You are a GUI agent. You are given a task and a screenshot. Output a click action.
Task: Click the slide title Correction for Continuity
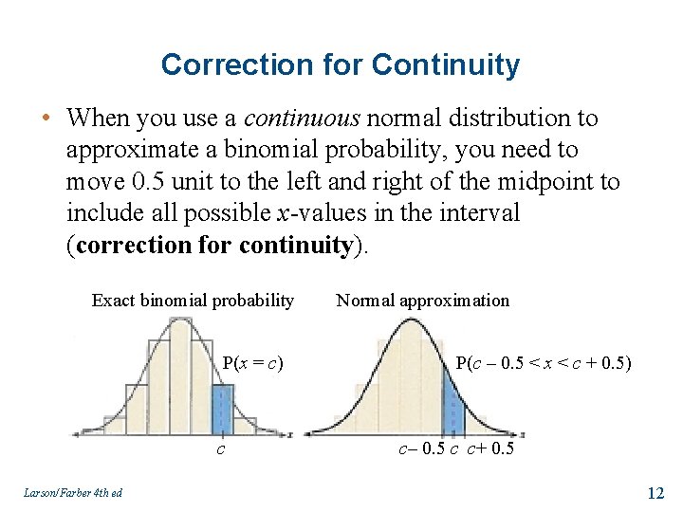(341, 64)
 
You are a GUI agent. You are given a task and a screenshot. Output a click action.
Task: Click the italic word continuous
(302, 119)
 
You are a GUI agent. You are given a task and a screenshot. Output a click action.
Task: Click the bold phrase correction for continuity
(213, 246)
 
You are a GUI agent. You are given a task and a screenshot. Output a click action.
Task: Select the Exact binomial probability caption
(193, 301)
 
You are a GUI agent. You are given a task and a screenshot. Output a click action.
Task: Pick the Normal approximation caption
(422, 301)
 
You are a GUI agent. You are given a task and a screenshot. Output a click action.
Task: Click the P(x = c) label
(253, 362)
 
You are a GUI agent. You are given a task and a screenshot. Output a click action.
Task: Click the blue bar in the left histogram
(222, 409)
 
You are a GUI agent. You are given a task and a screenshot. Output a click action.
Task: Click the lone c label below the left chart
(221, 448)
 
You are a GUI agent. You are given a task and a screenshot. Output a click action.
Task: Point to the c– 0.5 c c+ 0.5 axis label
(455, 448)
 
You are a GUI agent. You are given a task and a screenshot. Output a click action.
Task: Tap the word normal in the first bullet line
(397, 119)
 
